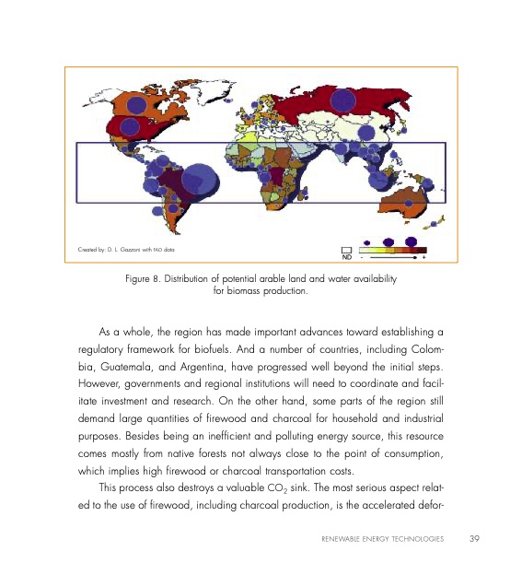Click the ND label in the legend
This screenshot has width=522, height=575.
click(x=346, y=257)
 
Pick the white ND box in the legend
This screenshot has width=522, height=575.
click(x=346, y=249)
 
